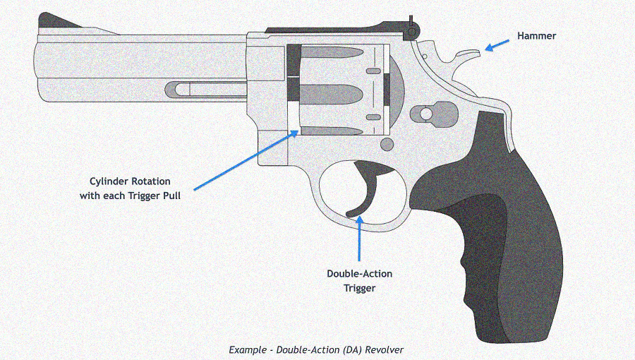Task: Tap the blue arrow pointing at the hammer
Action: pyautogui.click(x=497, y=44)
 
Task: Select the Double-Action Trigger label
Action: pyautogui.click(x=359, y=280)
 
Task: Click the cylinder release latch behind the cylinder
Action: pyautogui.click(x=426, y=113)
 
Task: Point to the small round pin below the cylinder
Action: pyautogui.click(x=387, y=144)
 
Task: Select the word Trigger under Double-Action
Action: pyautogui.click(x=359, y=287)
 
